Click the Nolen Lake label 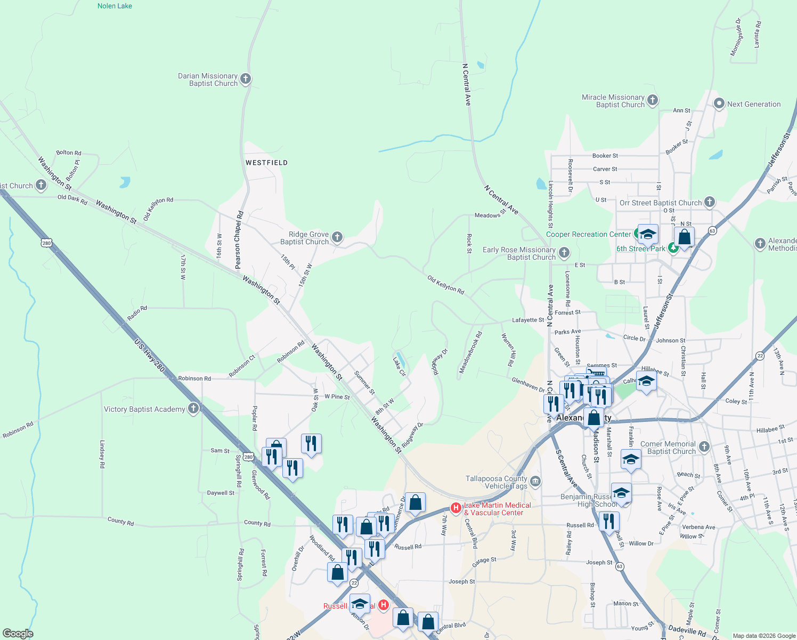[115, 6]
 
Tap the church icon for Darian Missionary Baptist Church [246, 79]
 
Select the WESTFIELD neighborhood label [266, 163]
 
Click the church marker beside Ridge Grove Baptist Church [337, 237]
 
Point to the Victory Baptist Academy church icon [193, 409]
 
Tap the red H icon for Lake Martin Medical [456, 508]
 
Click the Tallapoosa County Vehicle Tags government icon [535, 482]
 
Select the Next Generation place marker [719, 104]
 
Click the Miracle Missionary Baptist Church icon [653, 100]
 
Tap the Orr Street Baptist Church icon [710, 202]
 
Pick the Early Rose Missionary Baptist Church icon [564, 253]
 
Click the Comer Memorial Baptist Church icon [704, 447]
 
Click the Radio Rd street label [137, 313]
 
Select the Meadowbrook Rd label [470, 352]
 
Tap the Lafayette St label [528, 320]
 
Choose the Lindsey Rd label [102, 454]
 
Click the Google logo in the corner [18, 633]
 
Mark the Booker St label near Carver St [605, 156]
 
